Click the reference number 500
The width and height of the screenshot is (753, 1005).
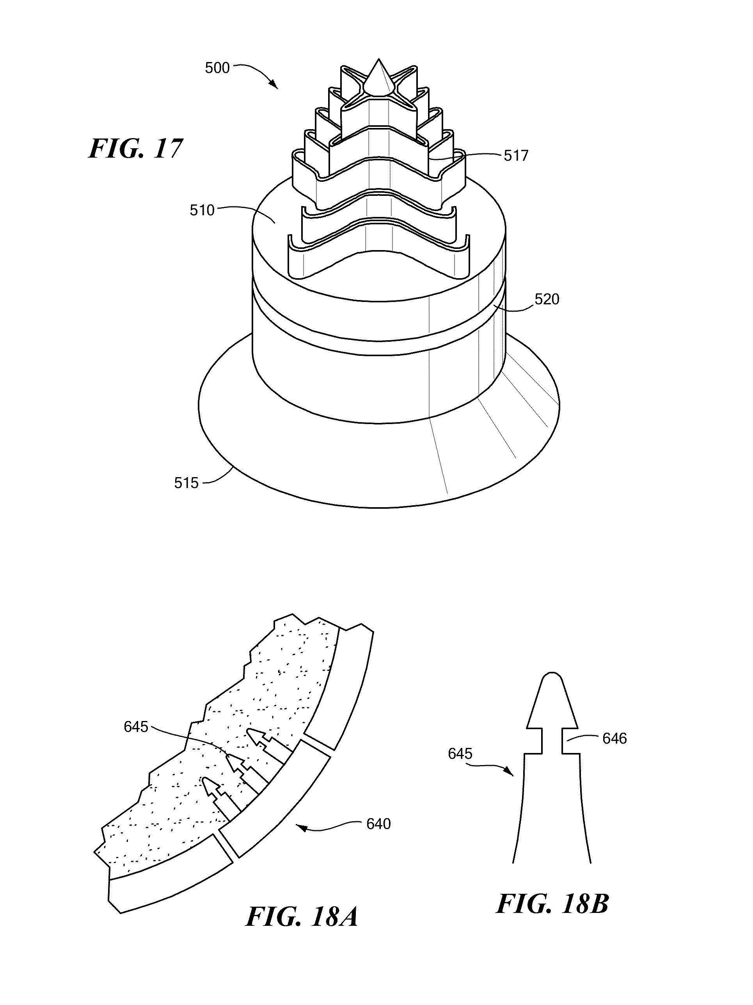click(x=217, y=68)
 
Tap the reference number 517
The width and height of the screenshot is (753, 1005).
click(x=516, y=156)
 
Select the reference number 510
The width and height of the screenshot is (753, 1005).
click(x=202, y=210)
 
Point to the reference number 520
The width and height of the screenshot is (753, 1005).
click(x=547, y=299)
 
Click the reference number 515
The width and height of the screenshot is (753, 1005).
click(x=186, y=483)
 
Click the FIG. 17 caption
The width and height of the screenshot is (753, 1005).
click(x=135, y=149)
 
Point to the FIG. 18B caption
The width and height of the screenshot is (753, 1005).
click(x=552, y=904)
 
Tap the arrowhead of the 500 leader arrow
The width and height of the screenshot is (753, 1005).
click(x=275, y=86)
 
